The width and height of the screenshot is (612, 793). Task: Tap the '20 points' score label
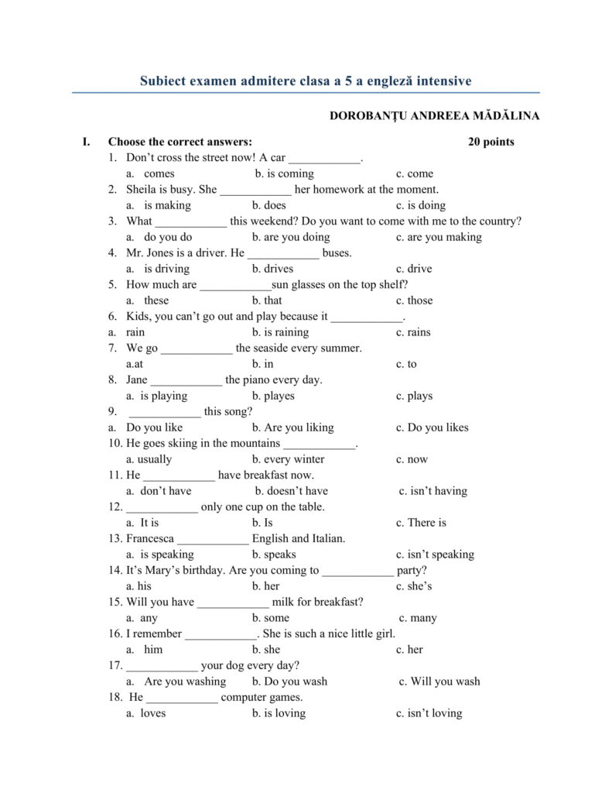click(x=491, y=142)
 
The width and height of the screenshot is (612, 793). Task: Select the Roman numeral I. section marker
click(x=87, y=142)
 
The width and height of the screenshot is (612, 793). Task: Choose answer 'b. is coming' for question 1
click(x=284, y=173)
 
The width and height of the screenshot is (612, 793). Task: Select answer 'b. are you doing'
click(x=290, y=237)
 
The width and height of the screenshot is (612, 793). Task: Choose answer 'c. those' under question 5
click(x=414, y=300)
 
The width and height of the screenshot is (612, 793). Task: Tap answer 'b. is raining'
click(x=280, y=332)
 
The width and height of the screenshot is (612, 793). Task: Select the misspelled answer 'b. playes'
click(x=273, y=396)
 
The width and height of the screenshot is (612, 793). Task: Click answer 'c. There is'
click(x=421, y=523)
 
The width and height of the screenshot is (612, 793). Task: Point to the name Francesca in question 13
click(x=151, y=538)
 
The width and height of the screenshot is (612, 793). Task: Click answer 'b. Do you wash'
click(x=289, y=681)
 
